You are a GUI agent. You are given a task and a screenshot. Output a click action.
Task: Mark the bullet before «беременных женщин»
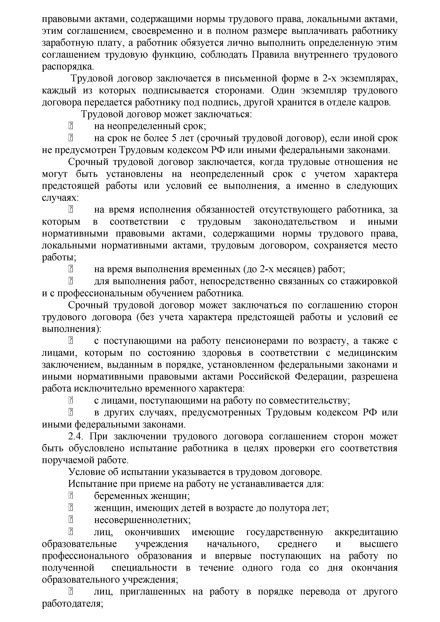(x=71, y=496)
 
